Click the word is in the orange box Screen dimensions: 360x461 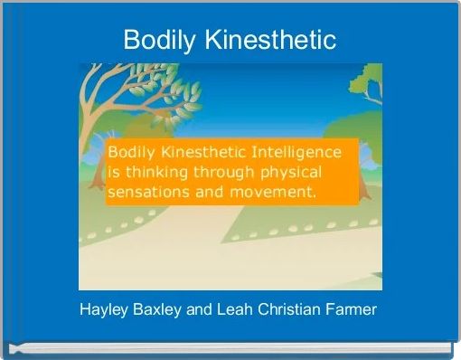(115, 172)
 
